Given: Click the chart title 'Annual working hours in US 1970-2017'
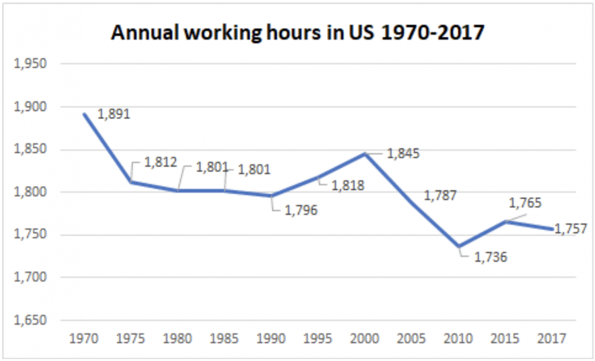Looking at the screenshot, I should coord(297,32).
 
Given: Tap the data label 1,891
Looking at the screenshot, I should coord(113,114).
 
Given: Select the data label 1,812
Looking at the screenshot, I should coord(160,162).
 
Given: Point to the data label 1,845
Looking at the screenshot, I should coord(403,154).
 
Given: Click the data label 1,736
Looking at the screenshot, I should coord(490,257).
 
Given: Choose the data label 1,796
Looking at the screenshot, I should coord(301,210).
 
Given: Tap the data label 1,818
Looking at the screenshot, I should coord(348,186).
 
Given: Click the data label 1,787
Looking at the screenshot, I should coord(440,196).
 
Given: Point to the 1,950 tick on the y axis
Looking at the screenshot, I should coord(30,64).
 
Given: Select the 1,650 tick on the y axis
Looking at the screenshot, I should coord(30,320).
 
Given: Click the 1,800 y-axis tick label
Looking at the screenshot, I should coord(30,192).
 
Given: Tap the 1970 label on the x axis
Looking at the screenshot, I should coord(84,339).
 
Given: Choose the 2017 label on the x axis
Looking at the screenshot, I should coord(552,339).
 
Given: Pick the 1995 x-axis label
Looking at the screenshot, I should coord(318,339).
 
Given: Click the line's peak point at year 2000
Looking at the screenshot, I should coord(365,154).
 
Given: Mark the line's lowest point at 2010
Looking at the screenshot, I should coord(459,246).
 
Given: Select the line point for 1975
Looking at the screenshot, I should coord(131,181).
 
